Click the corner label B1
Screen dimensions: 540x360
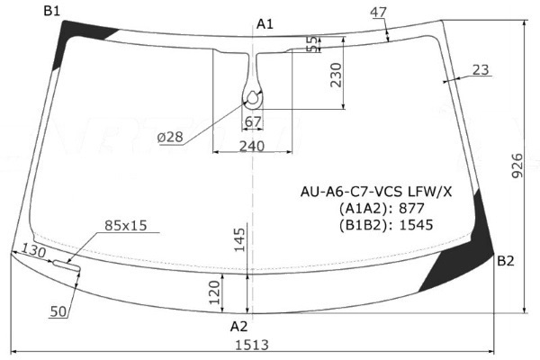click(x=51, y=11)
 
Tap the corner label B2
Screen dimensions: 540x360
click(x=506, y=261)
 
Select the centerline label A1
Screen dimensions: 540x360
click(x=265, y=24)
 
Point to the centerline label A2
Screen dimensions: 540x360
click(x=239, y=326)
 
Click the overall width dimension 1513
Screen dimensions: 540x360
click(x=252, y=345)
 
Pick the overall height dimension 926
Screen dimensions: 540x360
click(x=517, y=166)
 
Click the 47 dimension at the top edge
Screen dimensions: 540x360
click(x=379, y=12)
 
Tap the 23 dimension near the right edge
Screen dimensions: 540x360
click(x=481, y=70)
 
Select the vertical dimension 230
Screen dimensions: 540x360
click(x=336, y=75)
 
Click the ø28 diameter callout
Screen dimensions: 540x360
click(x=170, y=137)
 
